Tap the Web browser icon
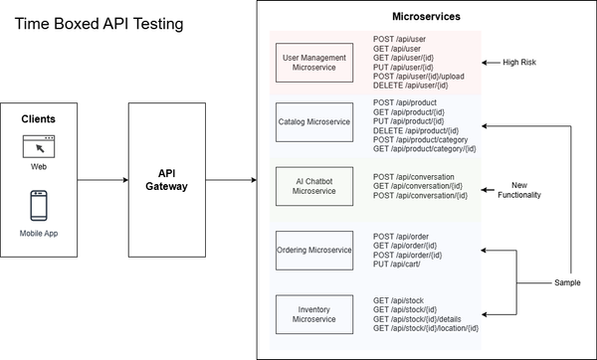point(39,146)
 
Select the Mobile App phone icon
point(39,206)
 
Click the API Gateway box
point(165,180)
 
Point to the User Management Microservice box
point(313,64)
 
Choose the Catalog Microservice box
point(313,121)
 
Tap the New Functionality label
point(518,190)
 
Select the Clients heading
point(39,118)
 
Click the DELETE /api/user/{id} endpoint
point(413,87)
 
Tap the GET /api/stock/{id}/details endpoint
point(417,318)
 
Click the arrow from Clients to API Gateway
point(102,180)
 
